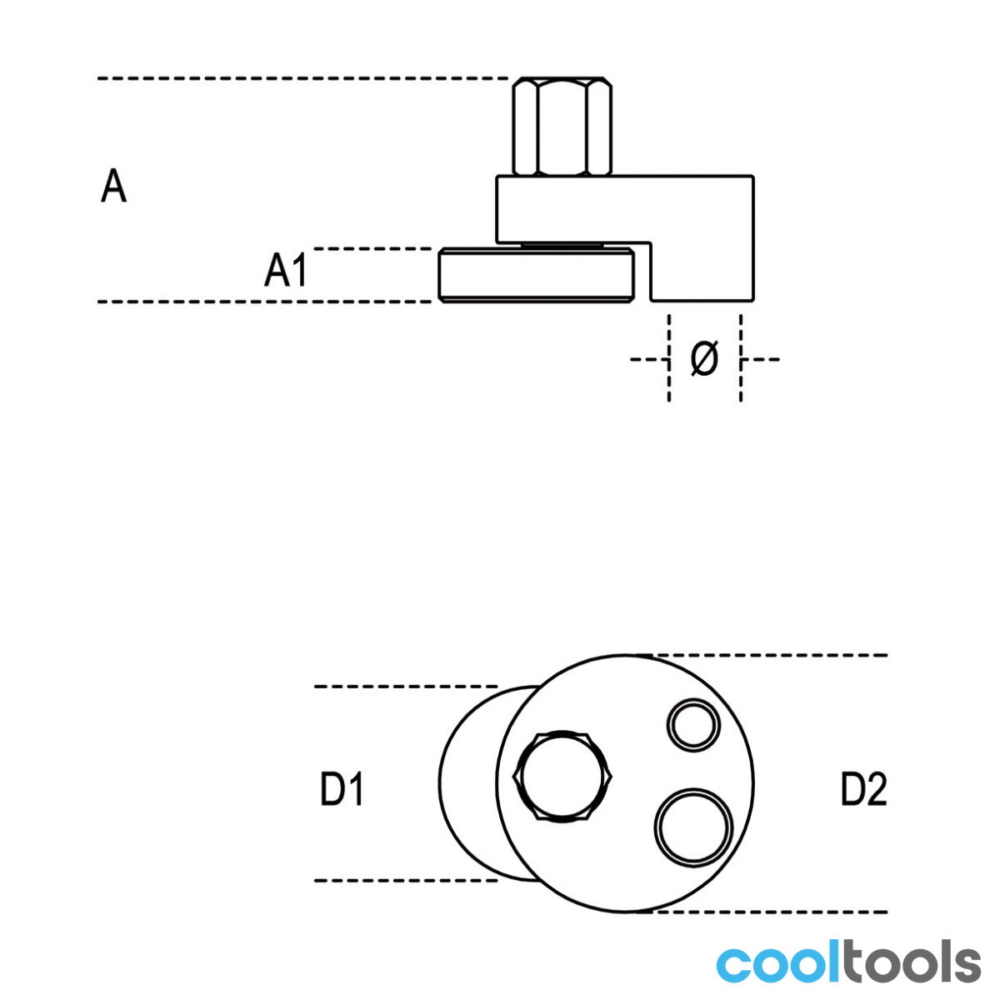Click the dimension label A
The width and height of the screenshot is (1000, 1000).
[113, 185]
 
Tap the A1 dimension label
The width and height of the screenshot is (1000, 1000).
[286, 270]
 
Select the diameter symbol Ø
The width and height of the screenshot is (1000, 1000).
[705, 358]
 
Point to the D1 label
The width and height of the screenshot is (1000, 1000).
[342, 788]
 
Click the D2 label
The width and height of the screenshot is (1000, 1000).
[863, 788]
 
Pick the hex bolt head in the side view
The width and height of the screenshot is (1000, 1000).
[562, 126]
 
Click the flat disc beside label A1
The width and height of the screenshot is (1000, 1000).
[536, 274]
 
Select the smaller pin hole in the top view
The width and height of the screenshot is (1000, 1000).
[693, 725]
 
